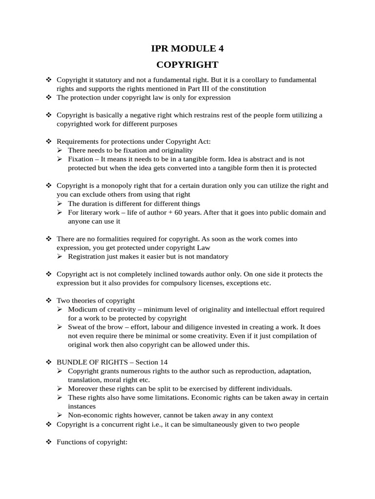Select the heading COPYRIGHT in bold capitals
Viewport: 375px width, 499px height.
point(187,65)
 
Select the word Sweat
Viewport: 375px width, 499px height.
point(78,327)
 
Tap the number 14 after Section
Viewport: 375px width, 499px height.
point(163,362)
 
